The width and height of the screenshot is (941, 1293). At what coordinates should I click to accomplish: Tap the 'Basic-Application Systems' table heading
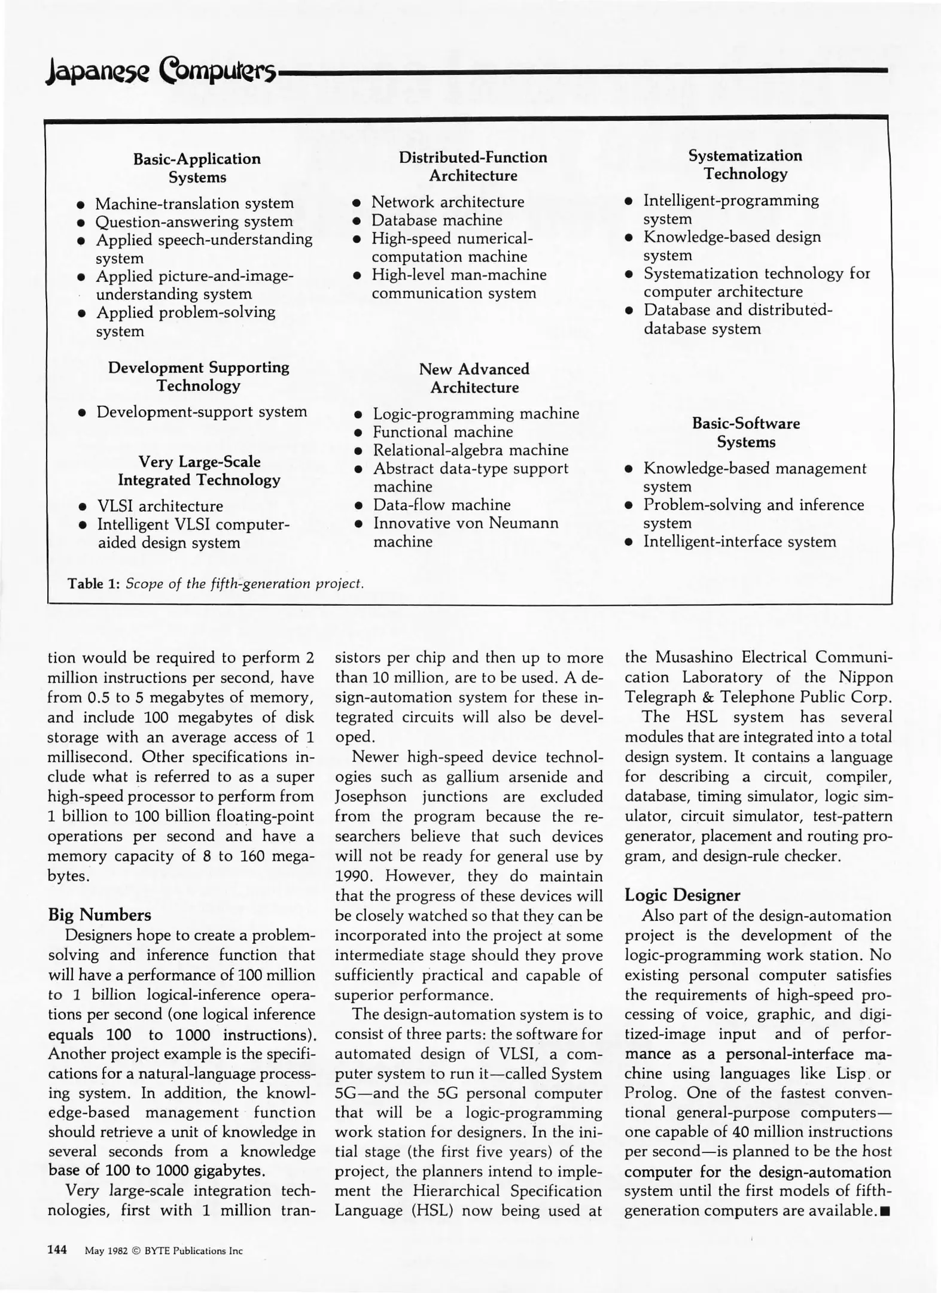click(197, 168)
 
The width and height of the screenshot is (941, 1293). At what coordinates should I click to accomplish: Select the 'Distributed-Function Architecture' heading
click(473, 166)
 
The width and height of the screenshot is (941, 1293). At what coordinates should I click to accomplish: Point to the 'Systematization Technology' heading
click(745, 165)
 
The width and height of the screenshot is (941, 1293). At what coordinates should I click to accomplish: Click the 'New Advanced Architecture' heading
click(474, 378)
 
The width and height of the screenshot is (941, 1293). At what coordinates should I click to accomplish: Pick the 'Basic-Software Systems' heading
click(745, 433)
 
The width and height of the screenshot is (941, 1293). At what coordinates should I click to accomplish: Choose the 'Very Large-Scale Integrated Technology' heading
click(199, 471)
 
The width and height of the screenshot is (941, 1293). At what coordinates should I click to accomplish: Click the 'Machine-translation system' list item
click(194, 204)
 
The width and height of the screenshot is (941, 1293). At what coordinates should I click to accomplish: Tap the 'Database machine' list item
click(437, 220)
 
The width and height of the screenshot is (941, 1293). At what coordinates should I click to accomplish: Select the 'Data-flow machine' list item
click(441, 505)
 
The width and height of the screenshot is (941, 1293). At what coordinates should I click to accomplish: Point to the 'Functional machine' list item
click(443, 432)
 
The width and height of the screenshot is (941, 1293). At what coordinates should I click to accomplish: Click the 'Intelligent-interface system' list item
click(739, 542)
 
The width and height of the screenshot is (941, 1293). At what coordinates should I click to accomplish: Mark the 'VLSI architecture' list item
click(160, 506)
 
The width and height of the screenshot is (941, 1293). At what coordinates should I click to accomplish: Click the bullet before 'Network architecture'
click(356, 203)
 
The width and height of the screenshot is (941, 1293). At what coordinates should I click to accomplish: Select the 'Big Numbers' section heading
click(99, 915)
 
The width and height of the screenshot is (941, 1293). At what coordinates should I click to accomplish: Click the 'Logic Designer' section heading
click(682, 895)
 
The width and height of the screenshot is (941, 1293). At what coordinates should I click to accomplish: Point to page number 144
click(57, 1250)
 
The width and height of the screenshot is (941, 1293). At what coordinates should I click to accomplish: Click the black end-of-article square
click(886, 1211)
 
